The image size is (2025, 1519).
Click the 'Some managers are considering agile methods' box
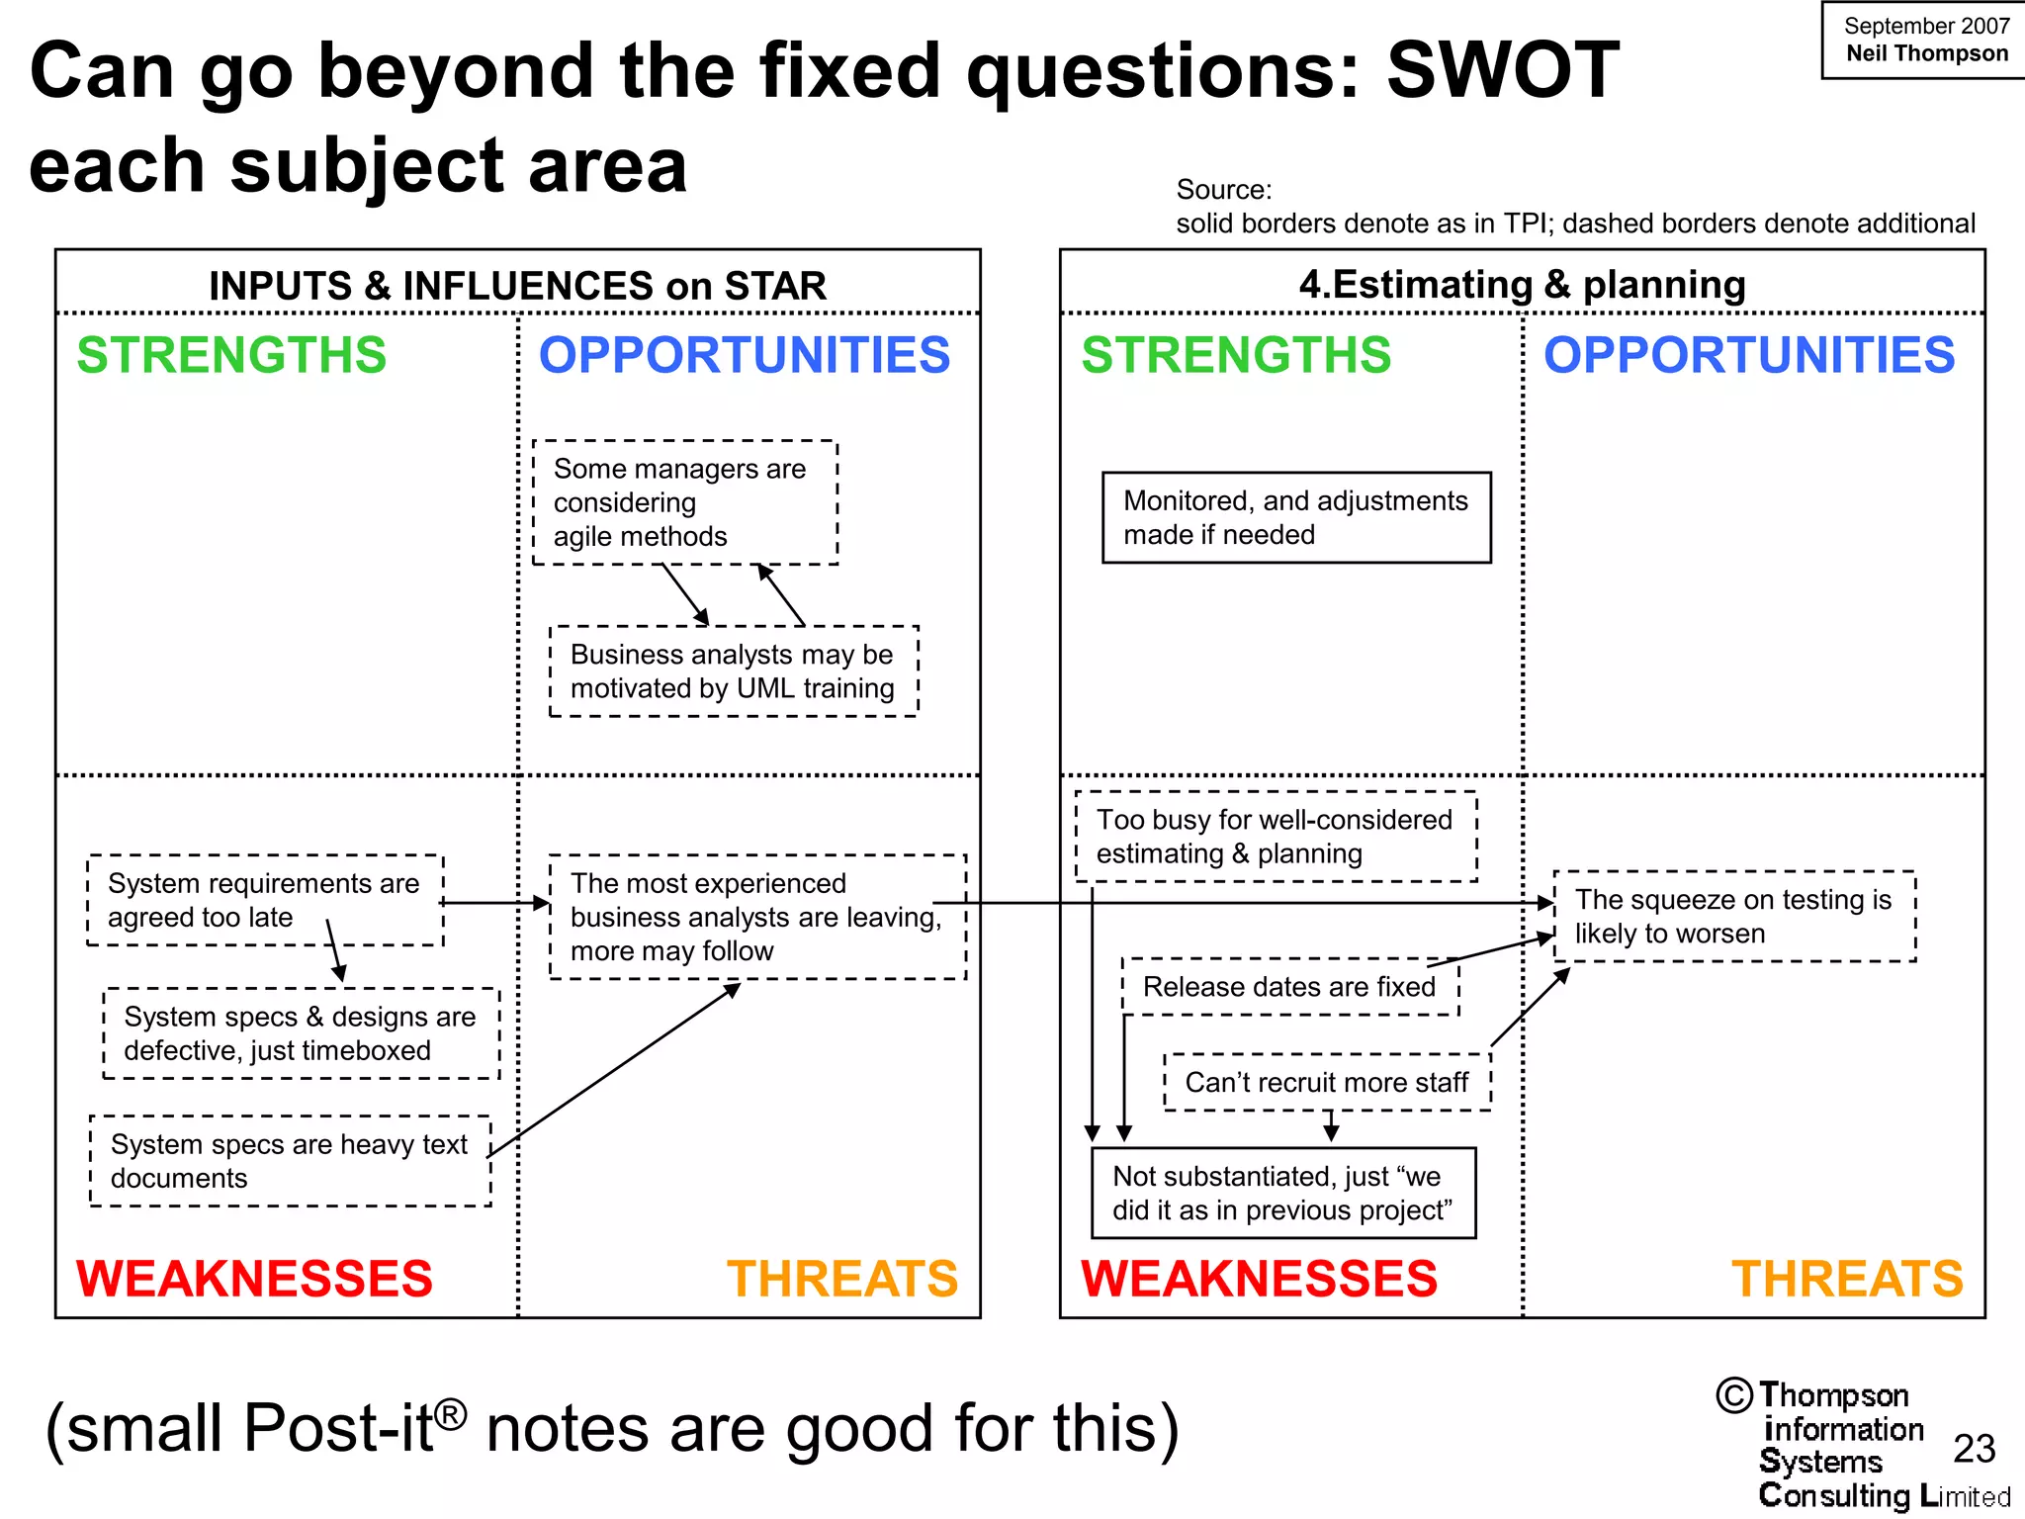point(684,502)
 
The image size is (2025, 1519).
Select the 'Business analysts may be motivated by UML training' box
point(733,671)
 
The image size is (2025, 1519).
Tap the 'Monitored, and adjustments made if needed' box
point(1295,517)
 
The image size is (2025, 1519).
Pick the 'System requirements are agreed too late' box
point(264,900)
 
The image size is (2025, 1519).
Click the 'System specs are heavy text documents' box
point(290,1161)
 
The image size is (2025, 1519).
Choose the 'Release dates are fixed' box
point(1289,987)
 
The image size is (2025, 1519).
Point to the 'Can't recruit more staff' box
point(1326,1082)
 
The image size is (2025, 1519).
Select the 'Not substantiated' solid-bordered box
point(1282,1193)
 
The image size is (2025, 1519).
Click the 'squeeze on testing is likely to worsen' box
point(1733,917)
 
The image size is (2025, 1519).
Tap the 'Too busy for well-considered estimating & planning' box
point(1275,837)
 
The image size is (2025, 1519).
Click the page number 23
point(1974,1449)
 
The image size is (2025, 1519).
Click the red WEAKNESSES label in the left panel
point(254,1279)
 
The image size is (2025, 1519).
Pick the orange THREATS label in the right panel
point(1847,1279)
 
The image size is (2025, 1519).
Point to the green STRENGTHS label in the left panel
point(231,355)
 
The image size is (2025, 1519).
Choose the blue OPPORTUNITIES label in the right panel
point(1749,355)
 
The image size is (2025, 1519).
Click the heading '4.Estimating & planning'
point(1522,285)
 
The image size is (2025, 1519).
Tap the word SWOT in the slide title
point(1502,71)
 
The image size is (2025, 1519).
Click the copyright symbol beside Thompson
point(1734,1395)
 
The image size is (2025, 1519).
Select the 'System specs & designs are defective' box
point(301,1033)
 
